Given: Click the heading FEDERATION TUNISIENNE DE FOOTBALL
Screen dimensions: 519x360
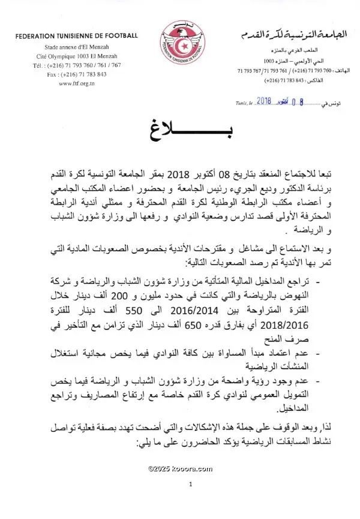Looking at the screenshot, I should [x=77, y=35].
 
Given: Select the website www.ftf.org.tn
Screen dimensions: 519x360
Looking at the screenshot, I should [x=76, y=83].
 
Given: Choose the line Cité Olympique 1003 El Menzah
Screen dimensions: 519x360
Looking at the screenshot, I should [x=78, y=55].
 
